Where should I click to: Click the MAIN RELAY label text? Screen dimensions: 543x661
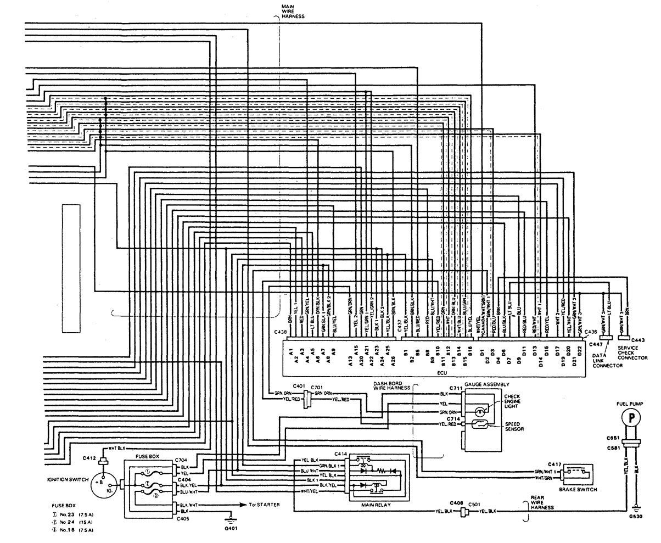376,504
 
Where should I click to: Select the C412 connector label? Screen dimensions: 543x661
89,457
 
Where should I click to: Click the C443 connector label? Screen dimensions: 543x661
638,340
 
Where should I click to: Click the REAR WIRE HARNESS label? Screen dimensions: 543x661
537,503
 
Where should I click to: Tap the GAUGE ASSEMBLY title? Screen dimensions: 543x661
486,384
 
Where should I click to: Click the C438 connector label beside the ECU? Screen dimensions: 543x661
281,332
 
